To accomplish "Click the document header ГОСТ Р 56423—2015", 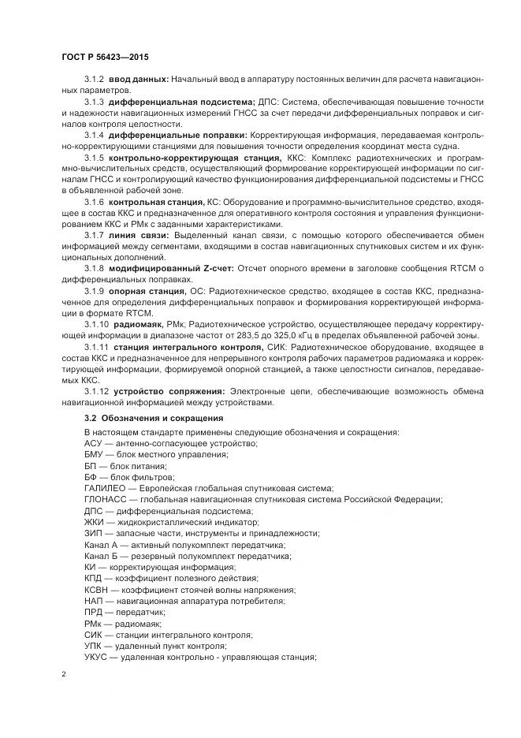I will click(103, 58).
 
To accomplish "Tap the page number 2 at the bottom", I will click(64, 674).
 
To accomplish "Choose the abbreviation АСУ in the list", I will click(94, 443).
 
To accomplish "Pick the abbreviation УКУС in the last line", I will click(96, 658).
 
